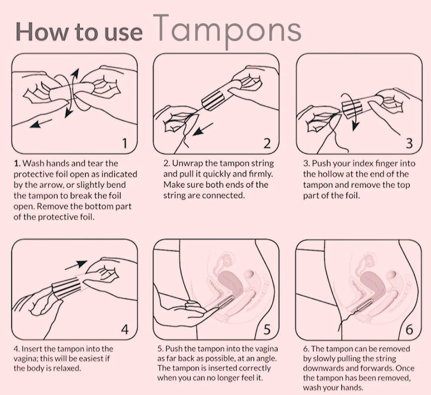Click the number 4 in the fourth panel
[x=125, y=330]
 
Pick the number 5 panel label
[x=267, y=330]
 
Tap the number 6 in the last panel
[x=409, y=330]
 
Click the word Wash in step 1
[x=33, y=164]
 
